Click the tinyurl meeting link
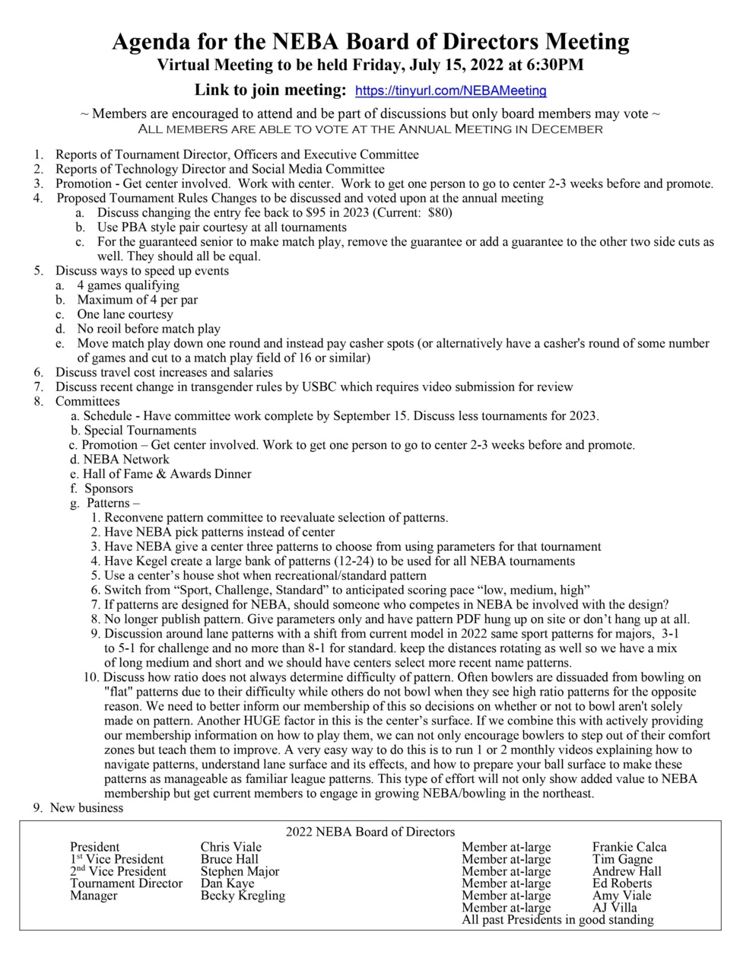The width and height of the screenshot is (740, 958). [450, 91]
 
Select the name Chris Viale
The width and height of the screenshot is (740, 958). [230, 847]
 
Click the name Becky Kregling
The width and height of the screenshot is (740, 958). [243, 896]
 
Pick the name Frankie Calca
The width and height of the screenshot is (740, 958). [629, 847]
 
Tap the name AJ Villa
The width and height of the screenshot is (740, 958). [615, 908]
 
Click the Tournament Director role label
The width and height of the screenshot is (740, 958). [126, 883]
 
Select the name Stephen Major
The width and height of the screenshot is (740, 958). [240, 871]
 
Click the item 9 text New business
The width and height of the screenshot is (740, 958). [86, 808]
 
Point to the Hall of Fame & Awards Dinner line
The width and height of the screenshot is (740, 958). [167, 474]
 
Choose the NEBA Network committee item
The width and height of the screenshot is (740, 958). [126, 460]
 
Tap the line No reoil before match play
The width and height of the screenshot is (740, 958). [148, 329]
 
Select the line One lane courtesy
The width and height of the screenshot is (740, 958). [125, 314]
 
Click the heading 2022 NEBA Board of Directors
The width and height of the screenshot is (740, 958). [370, 832]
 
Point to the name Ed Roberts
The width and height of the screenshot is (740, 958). [621, 883]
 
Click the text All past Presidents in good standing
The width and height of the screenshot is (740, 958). [557, 920]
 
